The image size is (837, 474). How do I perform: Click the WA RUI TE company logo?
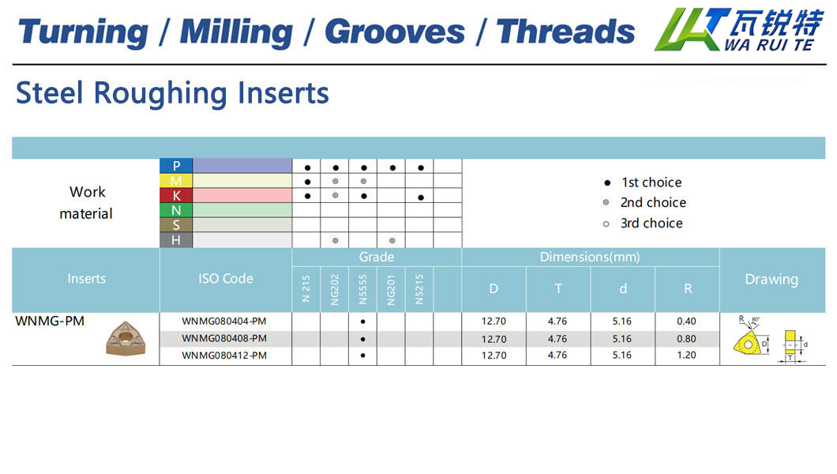pos(739,29)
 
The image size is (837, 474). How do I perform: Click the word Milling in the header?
pos(236,32)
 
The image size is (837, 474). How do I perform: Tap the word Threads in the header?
pos(566,32)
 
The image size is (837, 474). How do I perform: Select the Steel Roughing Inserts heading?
pos(172,93)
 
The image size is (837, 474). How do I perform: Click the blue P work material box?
pos(176,166)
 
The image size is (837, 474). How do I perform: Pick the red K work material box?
pos(176,196)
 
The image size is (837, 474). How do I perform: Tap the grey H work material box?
pos(176,240)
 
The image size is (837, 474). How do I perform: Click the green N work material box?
pos(176,210)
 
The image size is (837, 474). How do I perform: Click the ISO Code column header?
pos(226,279)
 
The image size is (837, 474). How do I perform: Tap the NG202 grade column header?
pos(335,289)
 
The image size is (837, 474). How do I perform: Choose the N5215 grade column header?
pos(419,289)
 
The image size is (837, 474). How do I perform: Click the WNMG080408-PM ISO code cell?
pos(224,338)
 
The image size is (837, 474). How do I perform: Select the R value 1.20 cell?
pos(686,355)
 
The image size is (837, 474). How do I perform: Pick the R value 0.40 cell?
pos(686,322)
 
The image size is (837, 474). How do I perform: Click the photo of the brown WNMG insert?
pos(126,338)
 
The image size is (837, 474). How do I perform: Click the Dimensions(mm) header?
pos(590,258)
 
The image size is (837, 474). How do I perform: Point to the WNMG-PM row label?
pos(50,322)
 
